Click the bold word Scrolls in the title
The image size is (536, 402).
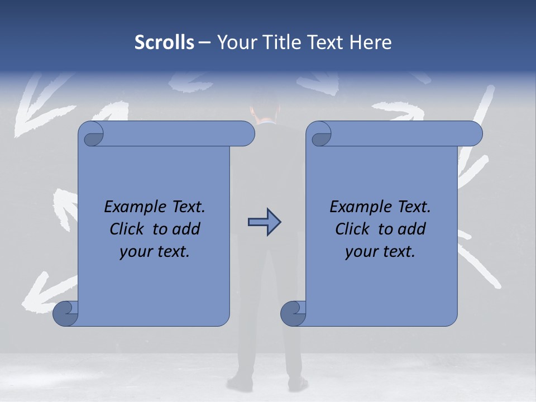(164, 42)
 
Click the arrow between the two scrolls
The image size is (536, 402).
(264, 222)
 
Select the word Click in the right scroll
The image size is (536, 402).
(352, 229)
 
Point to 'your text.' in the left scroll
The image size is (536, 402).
(155, 252)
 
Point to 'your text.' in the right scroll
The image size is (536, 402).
(380, 252)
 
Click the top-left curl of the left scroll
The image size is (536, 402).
(92, 134)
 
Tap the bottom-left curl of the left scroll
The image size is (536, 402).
(65, 314)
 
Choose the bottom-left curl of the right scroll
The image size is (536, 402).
(293, 314)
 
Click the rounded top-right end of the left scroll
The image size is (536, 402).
(246, 134)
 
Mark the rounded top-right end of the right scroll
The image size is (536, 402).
(474, 134)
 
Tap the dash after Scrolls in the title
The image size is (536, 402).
(204, 42)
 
